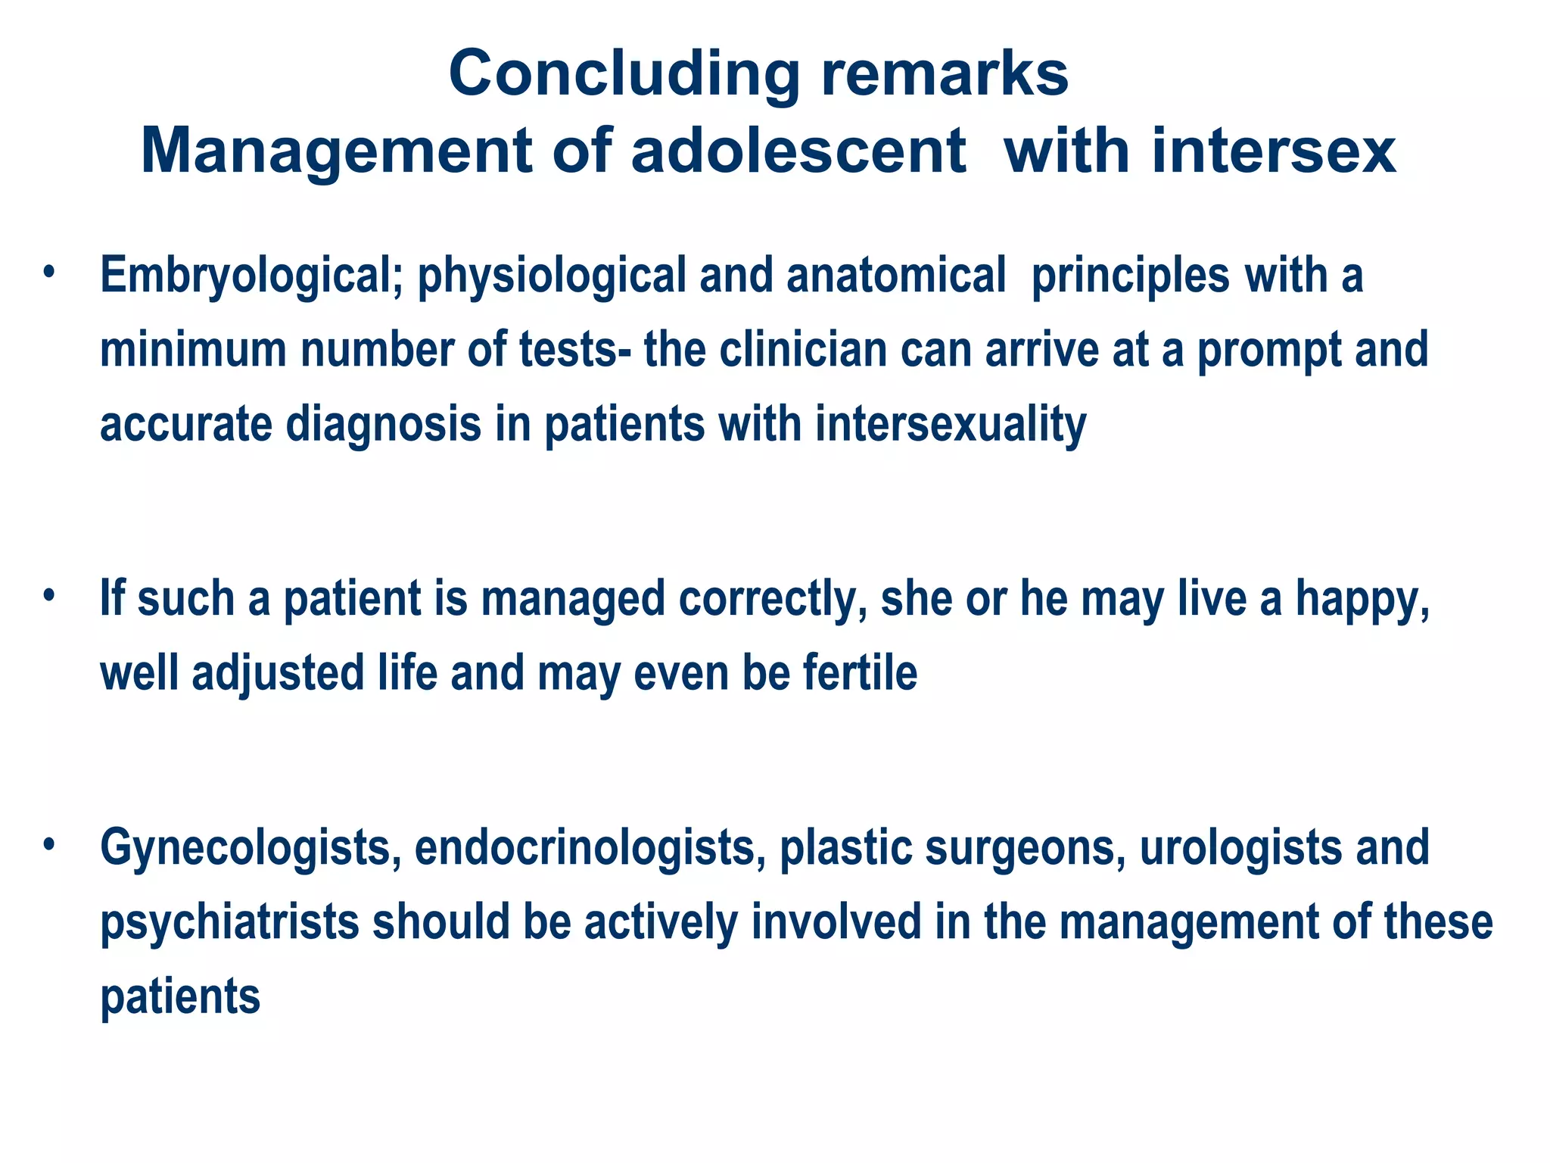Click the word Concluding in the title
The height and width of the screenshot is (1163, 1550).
click(x=624, y=75)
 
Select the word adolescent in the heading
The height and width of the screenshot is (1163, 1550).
click(x=798, y=151)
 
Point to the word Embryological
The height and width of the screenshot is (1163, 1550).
click(x=244, y=276)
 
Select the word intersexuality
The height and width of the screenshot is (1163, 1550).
click(x=951, y=425)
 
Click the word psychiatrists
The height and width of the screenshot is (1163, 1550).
click(x=229, y=923)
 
